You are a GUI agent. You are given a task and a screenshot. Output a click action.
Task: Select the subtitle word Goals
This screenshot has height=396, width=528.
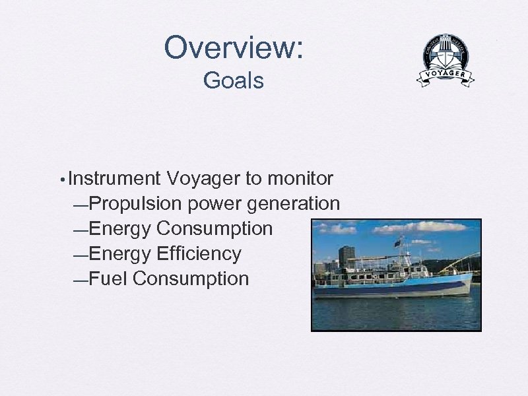click(233, 81)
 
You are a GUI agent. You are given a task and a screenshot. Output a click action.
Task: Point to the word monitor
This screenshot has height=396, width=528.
click(300, 179)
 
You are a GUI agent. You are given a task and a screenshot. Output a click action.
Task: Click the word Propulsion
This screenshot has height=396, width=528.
click(135, 204)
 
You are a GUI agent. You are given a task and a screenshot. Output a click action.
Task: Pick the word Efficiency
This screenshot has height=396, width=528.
click(199, 253)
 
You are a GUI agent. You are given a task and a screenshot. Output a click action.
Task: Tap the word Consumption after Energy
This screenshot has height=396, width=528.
click(214, 229)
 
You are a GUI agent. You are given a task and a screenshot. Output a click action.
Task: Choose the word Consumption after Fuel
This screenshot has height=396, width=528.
click(191, 279)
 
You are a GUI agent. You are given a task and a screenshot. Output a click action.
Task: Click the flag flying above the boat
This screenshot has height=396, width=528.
click(397, 244)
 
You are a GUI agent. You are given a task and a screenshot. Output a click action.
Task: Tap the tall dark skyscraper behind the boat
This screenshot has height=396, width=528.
click(346, 256)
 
